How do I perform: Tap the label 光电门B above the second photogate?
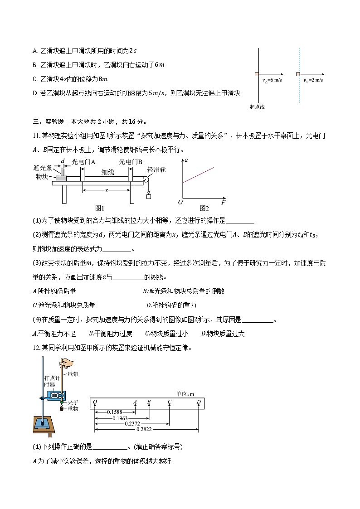coord(131,161)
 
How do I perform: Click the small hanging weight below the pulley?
coord(148,196)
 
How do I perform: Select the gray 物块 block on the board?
coord(61,178)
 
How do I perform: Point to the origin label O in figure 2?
coord(180,202)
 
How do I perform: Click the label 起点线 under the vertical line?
coord(257,107)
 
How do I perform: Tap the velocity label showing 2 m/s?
coord(313,80)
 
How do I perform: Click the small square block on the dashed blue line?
coord(298,74)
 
